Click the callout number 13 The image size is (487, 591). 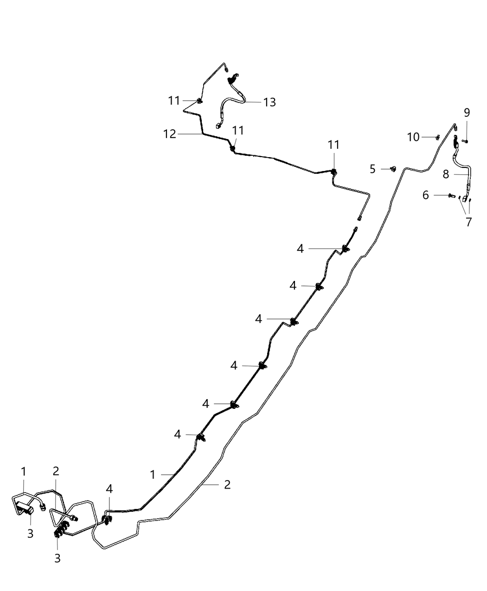point(269,102)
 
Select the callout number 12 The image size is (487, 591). point(170,134)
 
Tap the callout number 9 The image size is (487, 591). point(467,113)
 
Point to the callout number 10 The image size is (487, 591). point(413,137)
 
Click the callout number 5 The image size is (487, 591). point(372,169)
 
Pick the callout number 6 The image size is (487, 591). point(425,195)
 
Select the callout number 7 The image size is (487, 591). point(468,222)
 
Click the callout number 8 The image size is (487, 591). point(446,174)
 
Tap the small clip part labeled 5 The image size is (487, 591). point(393,169)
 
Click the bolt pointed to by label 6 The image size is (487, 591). point(450,196)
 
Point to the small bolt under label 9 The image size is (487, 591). point(466,140)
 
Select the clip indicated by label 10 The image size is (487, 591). point(437,137)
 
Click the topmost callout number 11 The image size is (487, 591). point(174,101)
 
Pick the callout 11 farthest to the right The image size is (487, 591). point(334,145)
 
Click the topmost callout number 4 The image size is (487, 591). point(300,249)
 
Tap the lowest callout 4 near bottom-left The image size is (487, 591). point(109,489)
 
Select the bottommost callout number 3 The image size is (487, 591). point(58,559)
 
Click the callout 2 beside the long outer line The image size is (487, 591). point(227,484)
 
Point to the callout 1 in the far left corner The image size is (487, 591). point(23,472)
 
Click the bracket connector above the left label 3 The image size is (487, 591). point(26,509)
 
